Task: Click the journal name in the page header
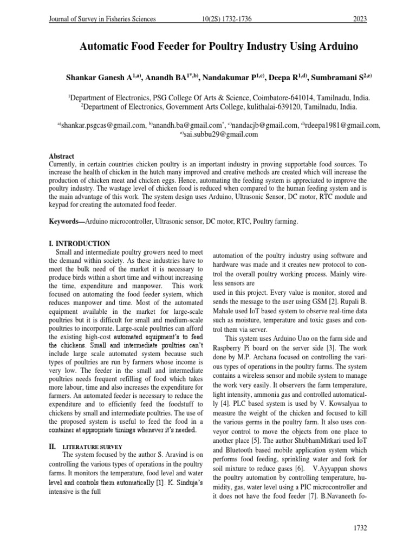102,20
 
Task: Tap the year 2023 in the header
359,20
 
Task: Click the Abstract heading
62,156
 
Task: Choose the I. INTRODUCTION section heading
80,243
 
